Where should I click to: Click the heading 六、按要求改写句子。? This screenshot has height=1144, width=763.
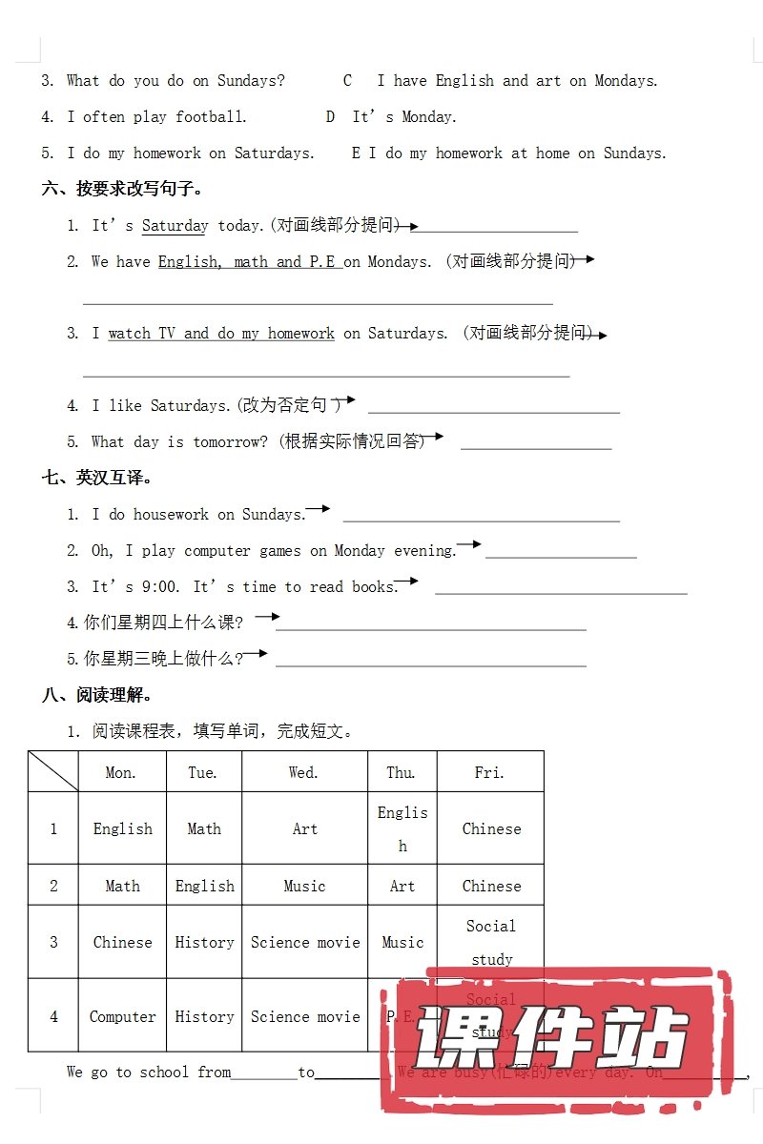123,189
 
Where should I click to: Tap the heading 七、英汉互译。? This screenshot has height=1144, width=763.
97,478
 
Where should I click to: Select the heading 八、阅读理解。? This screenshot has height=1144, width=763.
97,695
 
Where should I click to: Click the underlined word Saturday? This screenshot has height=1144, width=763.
175,226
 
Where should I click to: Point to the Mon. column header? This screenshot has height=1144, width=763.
121,772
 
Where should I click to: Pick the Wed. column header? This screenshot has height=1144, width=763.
303,772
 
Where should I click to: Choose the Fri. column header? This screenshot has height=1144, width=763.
489,772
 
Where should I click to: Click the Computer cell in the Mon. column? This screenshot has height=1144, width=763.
122,1016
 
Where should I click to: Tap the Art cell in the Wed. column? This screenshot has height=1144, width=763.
305,828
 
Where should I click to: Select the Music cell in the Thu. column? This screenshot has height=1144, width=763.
402,942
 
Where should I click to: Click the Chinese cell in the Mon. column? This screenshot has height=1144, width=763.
122,942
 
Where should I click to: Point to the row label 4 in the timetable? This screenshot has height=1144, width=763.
53,1016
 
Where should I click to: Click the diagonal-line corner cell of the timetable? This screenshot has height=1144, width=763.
53,771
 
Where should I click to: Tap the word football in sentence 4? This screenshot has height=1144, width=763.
211,117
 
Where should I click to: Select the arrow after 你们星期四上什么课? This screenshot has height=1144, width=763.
267,617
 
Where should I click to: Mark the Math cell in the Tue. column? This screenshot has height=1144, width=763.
204,828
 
